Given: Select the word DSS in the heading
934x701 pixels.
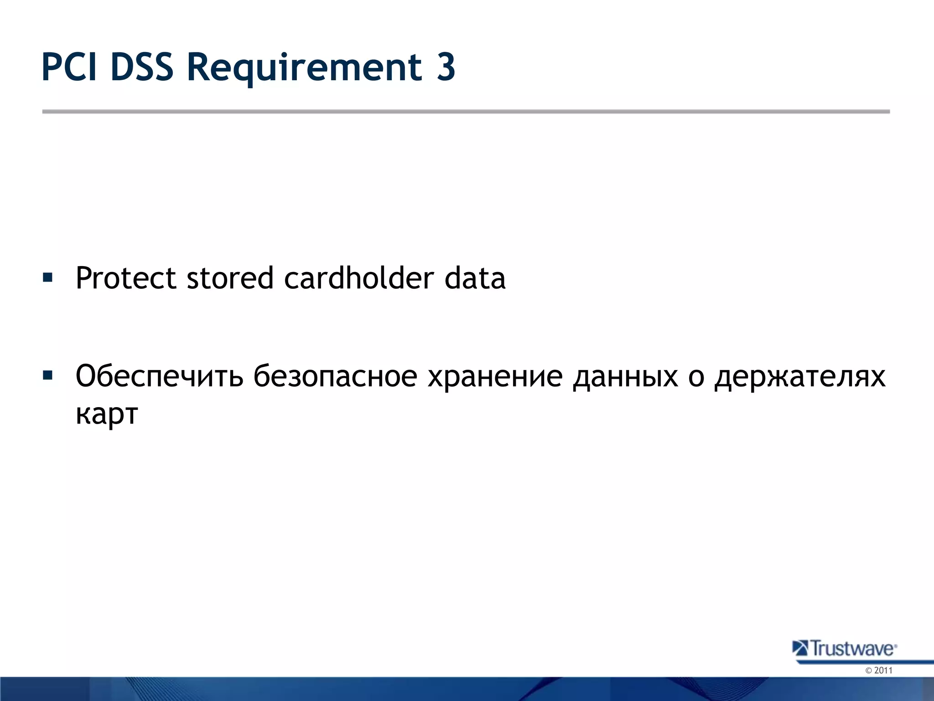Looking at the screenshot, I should coord(142,67).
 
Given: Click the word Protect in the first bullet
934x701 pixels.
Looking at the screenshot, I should coord(125,278).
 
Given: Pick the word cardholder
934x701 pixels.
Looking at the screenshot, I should coord(358,278).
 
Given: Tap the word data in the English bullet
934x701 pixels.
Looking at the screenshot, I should coord(475,278).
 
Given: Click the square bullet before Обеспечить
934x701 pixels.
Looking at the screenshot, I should coord(47,376).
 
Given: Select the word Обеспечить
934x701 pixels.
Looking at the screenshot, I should coord(159,377).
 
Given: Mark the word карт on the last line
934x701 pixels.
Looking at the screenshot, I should coord(107,414).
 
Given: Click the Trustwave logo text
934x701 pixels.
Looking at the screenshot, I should coord(852,649).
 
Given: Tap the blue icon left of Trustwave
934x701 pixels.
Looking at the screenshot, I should coord(800,648).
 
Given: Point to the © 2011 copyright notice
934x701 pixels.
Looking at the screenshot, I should coord(878,670).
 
